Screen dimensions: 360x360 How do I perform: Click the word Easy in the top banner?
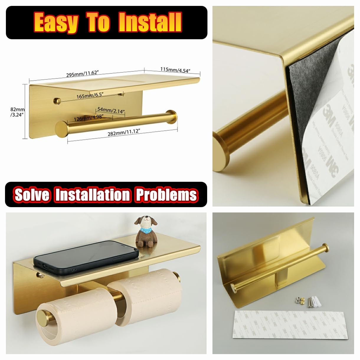tap(56, 23)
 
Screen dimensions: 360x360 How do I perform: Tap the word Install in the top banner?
tap(150, 23)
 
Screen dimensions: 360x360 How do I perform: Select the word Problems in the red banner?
tap(166, 195)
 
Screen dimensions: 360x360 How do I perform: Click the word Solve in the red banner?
tap(32, 195)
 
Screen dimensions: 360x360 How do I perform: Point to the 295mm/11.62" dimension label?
tap(82, 74)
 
